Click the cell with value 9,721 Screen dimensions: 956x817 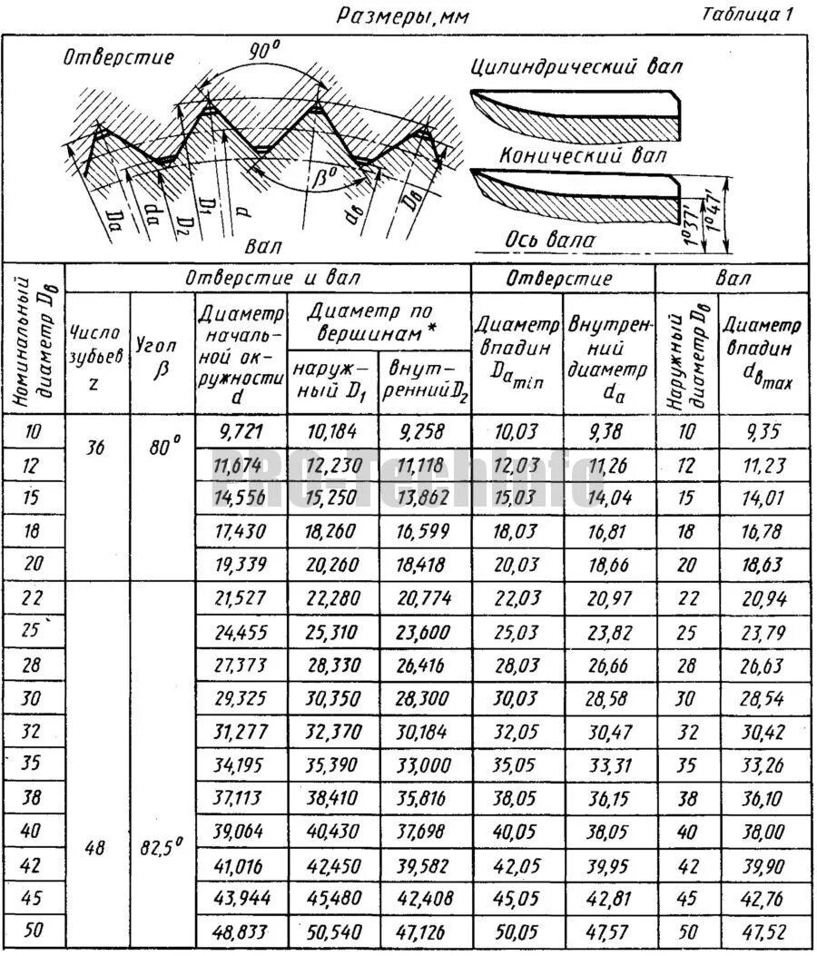tap(241, 432)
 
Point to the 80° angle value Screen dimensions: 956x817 tap(162, 446)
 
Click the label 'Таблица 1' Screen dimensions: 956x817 tap(748, 14)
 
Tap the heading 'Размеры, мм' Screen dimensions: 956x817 tap(403, 15)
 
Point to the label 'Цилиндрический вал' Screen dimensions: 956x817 tap(576, 66)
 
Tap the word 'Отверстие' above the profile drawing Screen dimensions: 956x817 tap(118, 57)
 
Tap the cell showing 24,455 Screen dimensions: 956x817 tap(241, 631)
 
